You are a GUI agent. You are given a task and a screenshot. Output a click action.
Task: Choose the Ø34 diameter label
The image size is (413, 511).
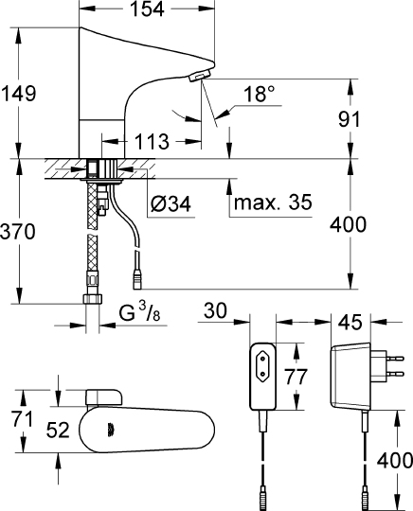(x=171, y=202)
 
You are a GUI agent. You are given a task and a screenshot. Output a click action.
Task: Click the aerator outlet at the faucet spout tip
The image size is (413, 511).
(x=199, y=76)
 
